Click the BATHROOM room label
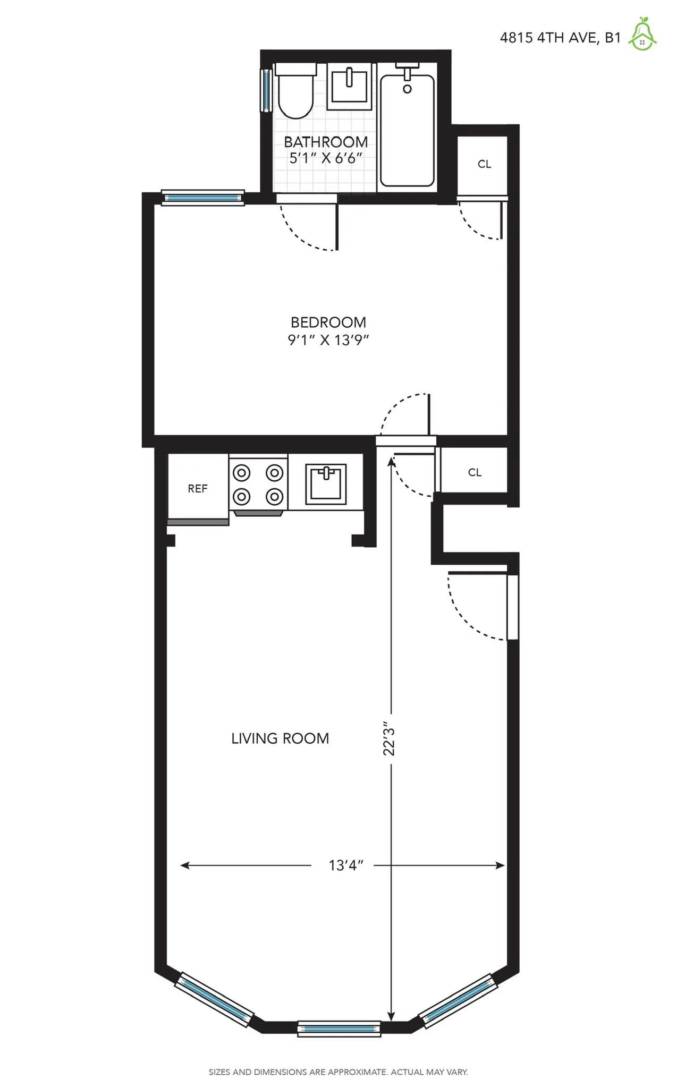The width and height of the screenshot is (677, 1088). (x=326, y=142)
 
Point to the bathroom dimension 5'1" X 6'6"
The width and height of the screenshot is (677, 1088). (x=326, y=158)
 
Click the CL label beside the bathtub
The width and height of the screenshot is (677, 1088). (x=484, y=164)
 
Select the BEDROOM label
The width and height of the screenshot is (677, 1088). (x=328, y=322)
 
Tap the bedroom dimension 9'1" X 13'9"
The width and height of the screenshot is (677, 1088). (x=328, y=340)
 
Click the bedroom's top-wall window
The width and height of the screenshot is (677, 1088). (x=202, y=198)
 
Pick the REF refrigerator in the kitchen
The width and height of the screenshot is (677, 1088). (x=198, y=489)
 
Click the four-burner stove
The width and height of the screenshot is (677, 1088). (x=258, y=484)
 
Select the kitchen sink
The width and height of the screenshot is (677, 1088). (x=326, y=483)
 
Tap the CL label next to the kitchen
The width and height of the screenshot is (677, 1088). (x=475, y=472)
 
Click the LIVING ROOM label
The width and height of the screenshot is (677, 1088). (x=280, y=738)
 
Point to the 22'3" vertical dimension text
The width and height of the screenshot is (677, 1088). (x=390, y=738)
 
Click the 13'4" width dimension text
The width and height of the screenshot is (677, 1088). (x=345, y=865)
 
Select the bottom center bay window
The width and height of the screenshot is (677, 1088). (x=339, y=1029)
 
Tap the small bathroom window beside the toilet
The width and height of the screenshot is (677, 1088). (x=266, y=90)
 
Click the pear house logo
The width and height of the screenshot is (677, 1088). (x=642, y=34)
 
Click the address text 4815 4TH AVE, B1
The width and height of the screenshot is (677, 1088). (x=560, y=38)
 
